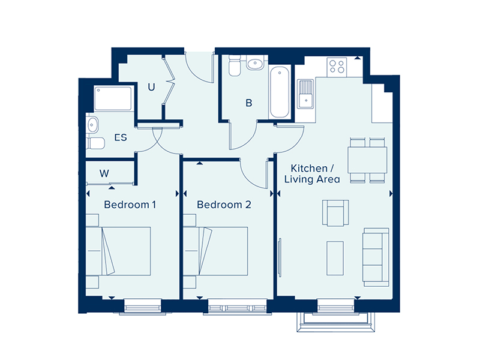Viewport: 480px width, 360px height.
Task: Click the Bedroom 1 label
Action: point(130,205)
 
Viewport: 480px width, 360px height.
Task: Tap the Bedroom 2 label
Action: point(224,205)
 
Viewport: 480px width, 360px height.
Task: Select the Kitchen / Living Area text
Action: point(312,173)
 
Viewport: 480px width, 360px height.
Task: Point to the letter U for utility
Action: point(151,87)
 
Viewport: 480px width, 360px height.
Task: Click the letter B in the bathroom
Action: point(249,103)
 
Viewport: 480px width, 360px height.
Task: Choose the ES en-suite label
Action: point(121,137)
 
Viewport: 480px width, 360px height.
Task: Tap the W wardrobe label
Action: point(104,173)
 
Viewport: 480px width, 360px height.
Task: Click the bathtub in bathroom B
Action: point(280,92)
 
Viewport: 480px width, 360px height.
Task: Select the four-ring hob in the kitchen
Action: point(337,67)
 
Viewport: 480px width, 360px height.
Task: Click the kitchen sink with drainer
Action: point(305,94)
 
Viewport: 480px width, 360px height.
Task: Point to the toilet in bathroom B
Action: point(235,65)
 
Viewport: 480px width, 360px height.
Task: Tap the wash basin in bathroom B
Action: point(255,64)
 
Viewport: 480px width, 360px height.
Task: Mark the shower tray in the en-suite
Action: point(113,98)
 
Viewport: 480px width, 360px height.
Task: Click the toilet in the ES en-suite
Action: point(95,143)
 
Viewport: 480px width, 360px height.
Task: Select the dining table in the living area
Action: point(367,160)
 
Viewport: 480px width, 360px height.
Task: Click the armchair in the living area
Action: point(335,213)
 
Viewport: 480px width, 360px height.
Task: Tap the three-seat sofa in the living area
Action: point(376,257)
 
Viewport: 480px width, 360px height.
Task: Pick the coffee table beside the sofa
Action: point(335,258)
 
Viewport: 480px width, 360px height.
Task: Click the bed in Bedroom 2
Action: point(216,251)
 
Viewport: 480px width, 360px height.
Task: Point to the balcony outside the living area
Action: point(336,322)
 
